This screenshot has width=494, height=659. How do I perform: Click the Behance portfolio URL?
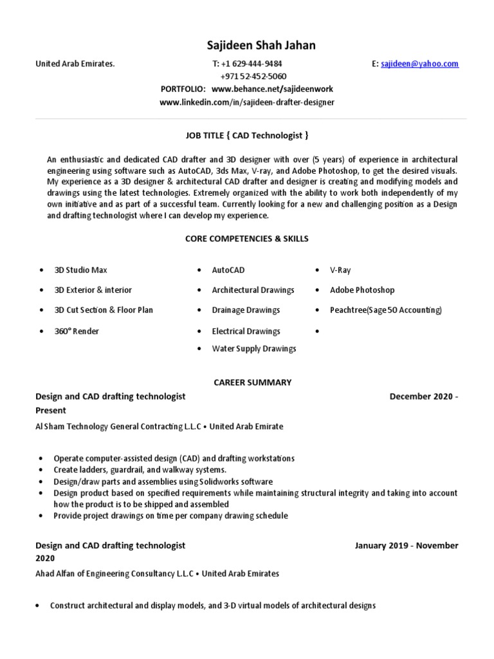click(x=272, y=89)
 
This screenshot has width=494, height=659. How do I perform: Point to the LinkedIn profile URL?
click(x=247, y=102)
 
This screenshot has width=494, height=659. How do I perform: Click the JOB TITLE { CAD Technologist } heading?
click(x=247, y=135)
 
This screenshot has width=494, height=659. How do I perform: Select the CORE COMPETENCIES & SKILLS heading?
click(x=247, y=239)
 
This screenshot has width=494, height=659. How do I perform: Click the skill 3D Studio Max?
click(x=80, y=270)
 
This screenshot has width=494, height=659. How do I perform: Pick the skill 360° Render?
click(x=77, y=331)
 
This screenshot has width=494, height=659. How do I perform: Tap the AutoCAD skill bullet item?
click(x=228, y=270)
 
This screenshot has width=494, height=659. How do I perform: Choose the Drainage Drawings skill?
click(x=246, y=310)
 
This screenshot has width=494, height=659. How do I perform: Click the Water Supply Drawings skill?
click(x=254, y=349)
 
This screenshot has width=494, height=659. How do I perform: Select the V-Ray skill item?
click(x=340, y=270)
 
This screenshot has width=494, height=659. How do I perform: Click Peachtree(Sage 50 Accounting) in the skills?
click(x=386, y=310)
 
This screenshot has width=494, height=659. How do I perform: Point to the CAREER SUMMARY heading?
click(x=253, y=382)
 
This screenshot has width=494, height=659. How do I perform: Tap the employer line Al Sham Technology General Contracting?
click(x=159, y=426)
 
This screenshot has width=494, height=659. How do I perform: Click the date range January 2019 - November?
click(x=407, y=545)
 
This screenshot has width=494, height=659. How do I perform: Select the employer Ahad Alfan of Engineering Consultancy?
click(x=157, y=573)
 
